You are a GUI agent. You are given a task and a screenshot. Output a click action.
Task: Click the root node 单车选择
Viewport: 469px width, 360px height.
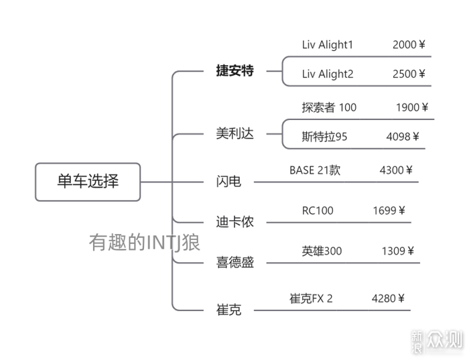pyautogui.click(x=88, y=181)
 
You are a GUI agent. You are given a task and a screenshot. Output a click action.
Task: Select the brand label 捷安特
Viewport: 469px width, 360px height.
pyautogui.click(x=234, y=70)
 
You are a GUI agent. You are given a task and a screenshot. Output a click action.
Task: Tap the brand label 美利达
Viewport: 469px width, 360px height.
pyautogui.click(x=234, y=133)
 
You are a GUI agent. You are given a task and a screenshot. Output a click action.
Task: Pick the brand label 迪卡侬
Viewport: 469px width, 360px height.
pyautogui.click(x=234, y=222)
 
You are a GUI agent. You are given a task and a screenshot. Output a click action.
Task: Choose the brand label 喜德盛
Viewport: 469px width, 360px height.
pyautogui.click(x=234, y=262)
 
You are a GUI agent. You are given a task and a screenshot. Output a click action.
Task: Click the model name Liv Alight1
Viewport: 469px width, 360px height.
pyautogui.click(x=327, y=45)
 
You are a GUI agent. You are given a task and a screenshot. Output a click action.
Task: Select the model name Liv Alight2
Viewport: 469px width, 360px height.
pyautogui.click(x=327, y=74)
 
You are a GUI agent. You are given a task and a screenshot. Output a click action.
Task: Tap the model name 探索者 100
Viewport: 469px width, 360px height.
pyautogui.click(x=329, y=107)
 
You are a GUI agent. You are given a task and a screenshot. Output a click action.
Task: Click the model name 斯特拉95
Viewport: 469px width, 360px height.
pyautogui.click(x=324, y=137)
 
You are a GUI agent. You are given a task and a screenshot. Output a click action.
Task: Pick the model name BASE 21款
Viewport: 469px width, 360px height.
pyautogui.click(x=315, y=170)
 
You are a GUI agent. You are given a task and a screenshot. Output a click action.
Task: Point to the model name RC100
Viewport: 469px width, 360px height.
pyautogui.click(x=318, y=211)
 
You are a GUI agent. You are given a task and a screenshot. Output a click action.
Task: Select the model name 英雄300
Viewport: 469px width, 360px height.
pyautogui.click(x=322, y=251)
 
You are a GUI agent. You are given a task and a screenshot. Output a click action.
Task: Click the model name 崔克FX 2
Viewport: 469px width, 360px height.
pyautogui.click(x=311, y=298)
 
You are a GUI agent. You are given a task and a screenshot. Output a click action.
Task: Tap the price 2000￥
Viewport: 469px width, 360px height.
pyautogui.click(x=409, y=45)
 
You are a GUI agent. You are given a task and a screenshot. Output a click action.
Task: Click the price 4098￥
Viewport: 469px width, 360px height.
pyautogui.click(x=403, y=137)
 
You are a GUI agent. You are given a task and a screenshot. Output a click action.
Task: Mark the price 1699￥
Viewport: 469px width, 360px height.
pyautogui.click(x=389, y=211)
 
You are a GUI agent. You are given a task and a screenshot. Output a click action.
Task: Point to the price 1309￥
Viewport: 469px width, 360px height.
pyautogui.click(x=398, y=251)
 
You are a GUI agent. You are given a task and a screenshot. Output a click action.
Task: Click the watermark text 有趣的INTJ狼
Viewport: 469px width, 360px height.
pyautogui.click(x=145, y=241)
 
